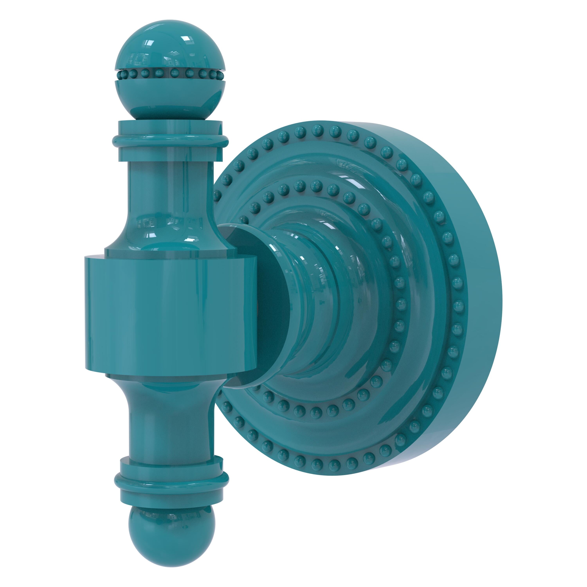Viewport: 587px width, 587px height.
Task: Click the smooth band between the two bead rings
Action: (425, 304)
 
